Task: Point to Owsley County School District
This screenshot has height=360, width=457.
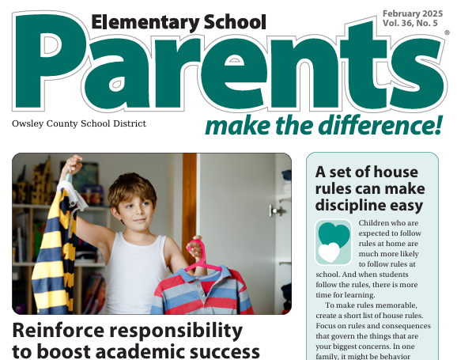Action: pyautogui.click(x=79, y=123)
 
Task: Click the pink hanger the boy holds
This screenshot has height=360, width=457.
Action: pyautogui.click(x=198, y=258)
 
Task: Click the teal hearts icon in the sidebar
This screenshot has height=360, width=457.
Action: pyautogui.click(x=333, y=241)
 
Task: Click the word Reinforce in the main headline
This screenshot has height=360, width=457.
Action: pyautogui.click(x=60, y=330)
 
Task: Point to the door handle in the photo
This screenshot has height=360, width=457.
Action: pyautogui.click(x=277, y=210)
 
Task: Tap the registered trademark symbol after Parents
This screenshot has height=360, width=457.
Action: pyautogui.click(x=447, y=33)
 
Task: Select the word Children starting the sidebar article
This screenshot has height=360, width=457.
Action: pyautogui.click(x=378, y=224)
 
